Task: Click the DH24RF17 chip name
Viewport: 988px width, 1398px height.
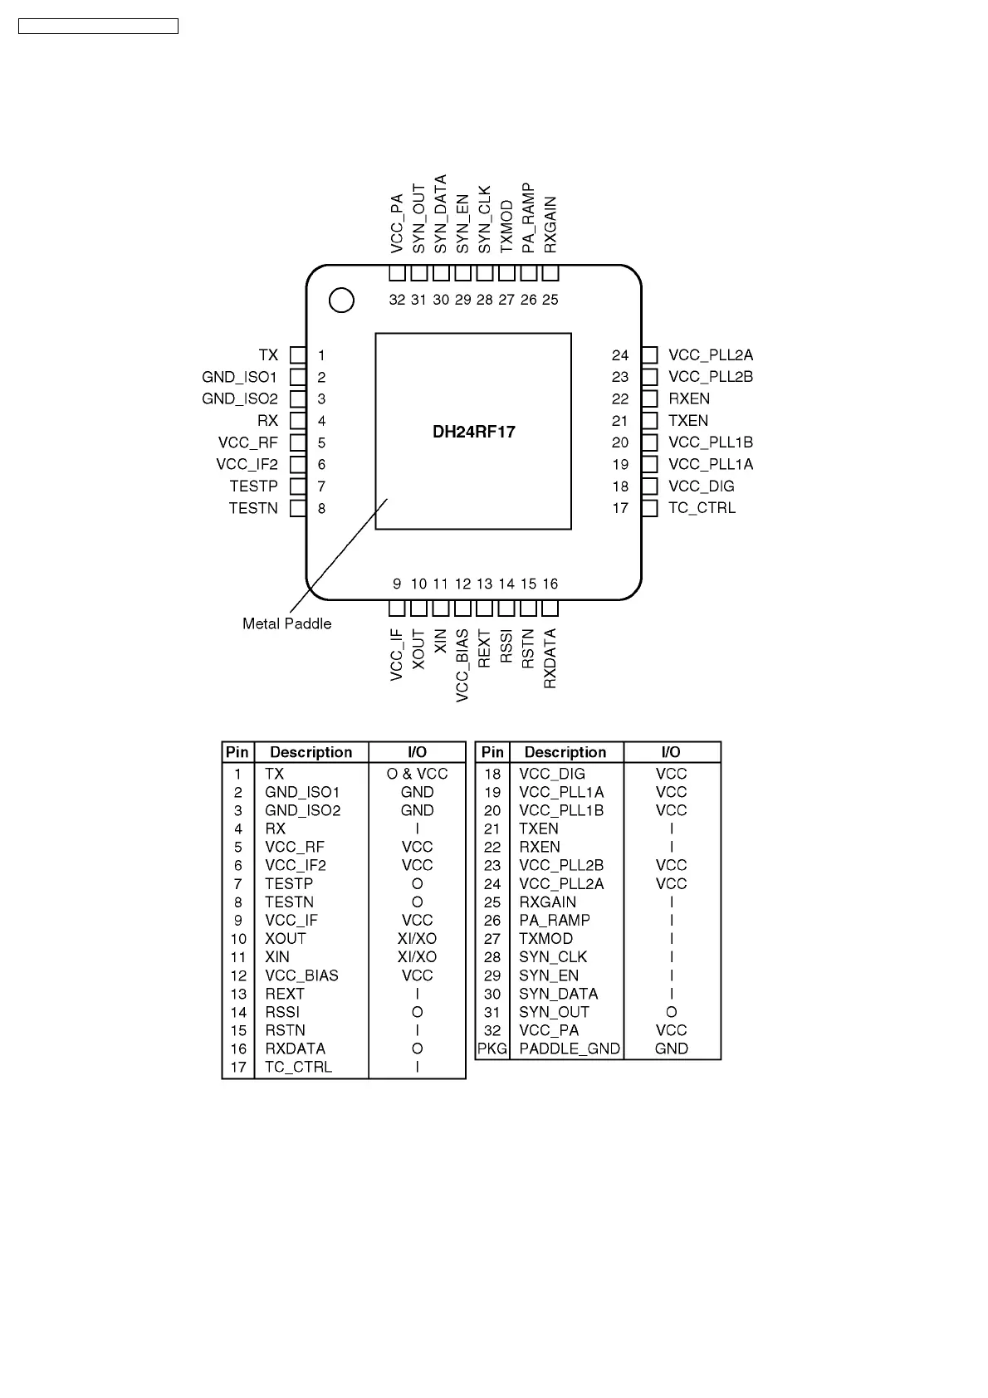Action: click(473, 432)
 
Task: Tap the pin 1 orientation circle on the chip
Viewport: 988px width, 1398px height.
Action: click(341, 301)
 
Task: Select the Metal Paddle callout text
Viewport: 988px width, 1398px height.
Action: click(286, 623)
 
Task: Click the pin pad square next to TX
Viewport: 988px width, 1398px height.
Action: click(298, 355)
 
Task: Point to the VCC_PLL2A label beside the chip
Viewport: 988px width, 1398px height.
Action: click(710, 355)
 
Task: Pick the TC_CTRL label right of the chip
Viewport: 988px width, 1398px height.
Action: click(702, 508)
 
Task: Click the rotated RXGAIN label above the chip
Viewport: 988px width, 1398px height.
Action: click(550, 225)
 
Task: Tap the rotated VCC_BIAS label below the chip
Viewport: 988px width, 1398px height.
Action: click(462, 665)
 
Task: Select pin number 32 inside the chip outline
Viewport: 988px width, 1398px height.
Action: click(397, 300)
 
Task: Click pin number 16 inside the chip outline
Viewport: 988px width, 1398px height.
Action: click(550, 584)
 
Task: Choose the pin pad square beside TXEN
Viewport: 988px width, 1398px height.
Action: click(649, 421)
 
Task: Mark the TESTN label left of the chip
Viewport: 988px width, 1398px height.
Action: click(253, 508)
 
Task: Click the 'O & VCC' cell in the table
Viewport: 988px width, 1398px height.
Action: click(417, 774)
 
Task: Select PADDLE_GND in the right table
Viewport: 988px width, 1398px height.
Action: click(569, 1048)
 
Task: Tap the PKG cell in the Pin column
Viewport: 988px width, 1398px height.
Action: click(492, 1048)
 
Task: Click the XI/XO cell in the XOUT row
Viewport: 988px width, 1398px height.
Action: click(417, 938)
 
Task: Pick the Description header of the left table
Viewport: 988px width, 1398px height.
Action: click(311, 752)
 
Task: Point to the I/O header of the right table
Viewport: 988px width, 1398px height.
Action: click(671, 752)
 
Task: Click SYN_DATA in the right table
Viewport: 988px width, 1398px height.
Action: click(558, 994)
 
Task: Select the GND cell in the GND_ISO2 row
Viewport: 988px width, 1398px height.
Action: click(417, 810)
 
